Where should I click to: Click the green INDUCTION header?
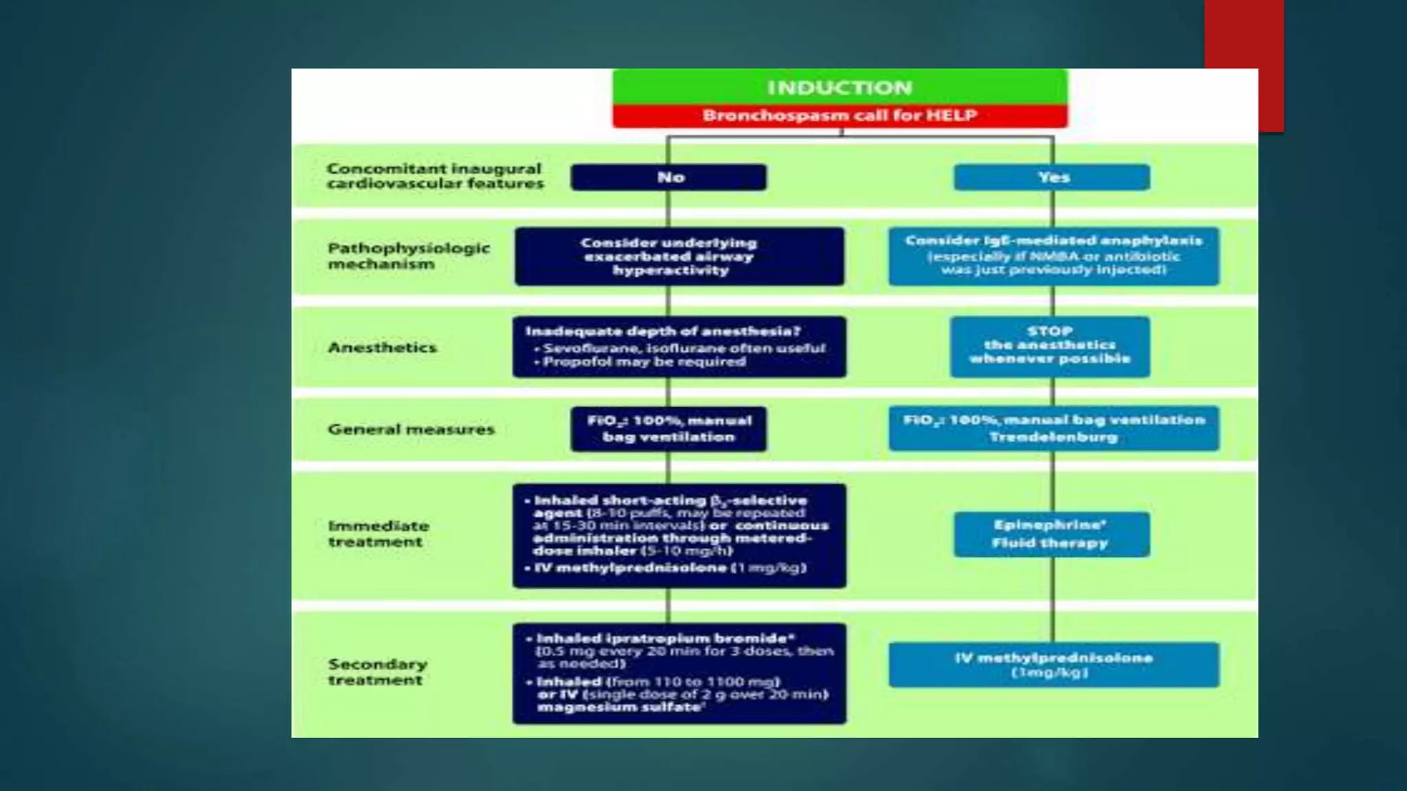pos(840,87)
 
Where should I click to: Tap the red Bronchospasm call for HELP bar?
pos(840,115)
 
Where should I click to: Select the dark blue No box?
pos(668,177)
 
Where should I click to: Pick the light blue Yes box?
pos(1052,177)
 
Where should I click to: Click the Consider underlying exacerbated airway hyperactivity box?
pos(679,256)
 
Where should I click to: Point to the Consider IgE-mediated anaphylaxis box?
pos(1053,256)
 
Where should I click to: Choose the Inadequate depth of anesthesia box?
pos(679,347)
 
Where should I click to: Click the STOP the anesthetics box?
pos(1050,346)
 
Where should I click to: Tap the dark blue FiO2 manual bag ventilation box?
pos(668,429)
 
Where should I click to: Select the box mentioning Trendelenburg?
pos(1053,428)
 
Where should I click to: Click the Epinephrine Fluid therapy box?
pos(1051,534)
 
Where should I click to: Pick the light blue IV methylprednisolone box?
pos(1053,665)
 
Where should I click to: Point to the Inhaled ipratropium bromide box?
pos(679,673)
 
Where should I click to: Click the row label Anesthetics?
pos(382,347)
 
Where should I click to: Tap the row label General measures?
pos(411,429)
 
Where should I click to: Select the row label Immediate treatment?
pos(378,534)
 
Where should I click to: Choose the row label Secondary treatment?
pos(377,672)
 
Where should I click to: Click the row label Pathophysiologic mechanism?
pos(408,255)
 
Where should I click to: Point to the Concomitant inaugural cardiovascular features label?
pos(434,176)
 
